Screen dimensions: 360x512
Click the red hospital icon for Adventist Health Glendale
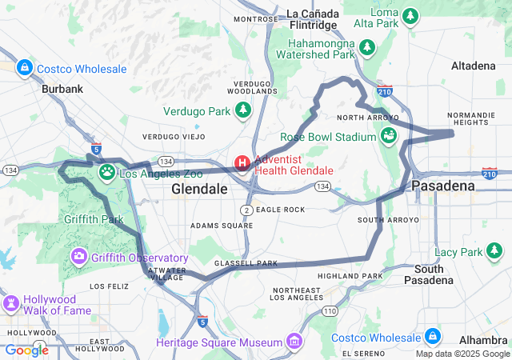coord(242,163)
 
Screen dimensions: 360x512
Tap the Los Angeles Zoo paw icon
coord(106,172)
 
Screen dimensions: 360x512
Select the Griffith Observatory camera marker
coord(79,257)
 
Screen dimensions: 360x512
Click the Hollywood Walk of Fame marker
coord(12,304)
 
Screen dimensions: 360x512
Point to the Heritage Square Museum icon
coord(294,342)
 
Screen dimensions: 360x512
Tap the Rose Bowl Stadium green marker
coord(389,136)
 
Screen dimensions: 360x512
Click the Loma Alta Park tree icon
coord(410,15)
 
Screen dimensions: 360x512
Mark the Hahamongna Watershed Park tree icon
coord(367,47)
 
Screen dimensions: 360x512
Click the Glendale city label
coord(199,190)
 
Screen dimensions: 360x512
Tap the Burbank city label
coord(62,90)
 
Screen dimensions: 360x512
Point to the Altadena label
coord(474,65)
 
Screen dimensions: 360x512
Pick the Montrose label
coord(255,18)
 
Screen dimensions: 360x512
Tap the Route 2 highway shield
coord(248,210)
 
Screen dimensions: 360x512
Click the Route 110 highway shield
coord(330,310)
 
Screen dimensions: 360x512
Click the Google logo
coord(26,350)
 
